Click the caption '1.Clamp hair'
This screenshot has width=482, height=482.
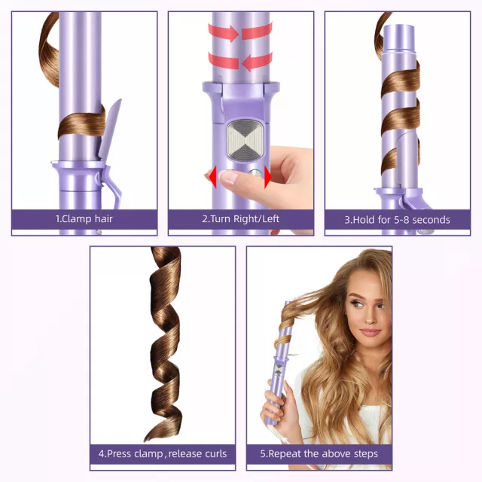(84, 219)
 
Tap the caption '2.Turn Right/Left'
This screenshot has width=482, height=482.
(241, 219)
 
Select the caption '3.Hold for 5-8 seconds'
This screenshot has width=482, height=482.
(397, 220)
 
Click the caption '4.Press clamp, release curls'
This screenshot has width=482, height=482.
(163, 453)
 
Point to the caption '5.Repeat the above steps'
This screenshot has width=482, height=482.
(319, 453)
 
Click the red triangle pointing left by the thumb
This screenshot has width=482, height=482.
(212, 177)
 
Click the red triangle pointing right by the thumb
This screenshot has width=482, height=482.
(268, 177)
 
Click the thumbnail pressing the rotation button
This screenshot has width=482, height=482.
(228, 176)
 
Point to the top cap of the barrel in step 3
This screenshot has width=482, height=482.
(399, 37)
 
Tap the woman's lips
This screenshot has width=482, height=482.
(370, 333)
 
